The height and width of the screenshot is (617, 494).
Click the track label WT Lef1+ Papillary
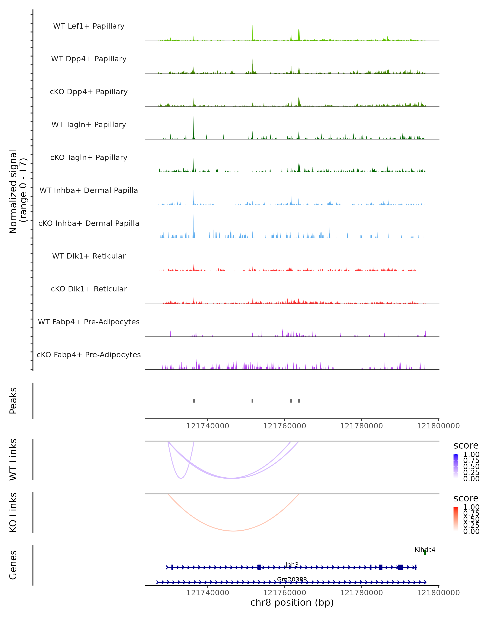(x=89, y=26)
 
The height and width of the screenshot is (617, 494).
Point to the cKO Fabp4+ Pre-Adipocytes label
(x=89, y=355)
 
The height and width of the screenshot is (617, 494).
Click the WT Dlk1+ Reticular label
(x=89, y=256)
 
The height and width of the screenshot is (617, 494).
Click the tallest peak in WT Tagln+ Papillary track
(x=194, y=115)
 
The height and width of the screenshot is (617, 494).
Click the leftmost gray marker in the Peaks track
(x=194, y=401)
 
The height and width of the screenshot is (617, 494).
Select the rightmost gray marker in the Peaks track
(x=299, y=401)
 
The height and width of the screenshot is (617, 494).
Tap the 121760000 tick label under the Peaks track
(x=285, y=426)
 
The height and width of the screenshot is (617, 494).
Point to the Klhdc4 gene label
(x=425, y=550)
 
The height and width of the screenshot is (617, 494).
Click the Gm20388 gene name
(x=292, y=579)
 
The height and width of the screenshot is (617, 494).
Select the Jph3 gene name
(x=292, y=565)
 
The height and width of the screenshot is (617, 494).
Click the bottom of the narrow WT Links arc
(x=181, y=478)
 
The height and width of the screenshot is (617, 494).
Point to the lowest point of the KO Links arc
(x=234, y=531)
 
